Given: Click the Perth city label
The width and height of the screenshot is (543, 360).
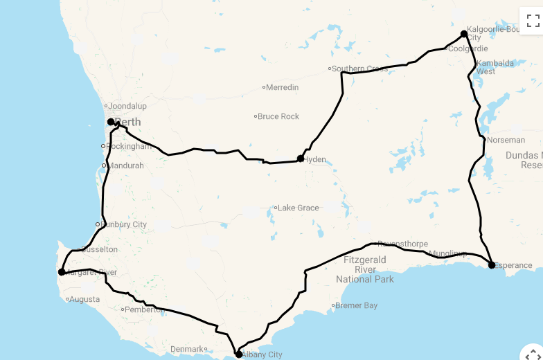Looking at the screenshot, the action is pos(128,123).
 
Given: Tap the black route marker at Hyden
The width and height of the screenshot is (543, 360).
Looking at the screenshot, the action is pos(301,159).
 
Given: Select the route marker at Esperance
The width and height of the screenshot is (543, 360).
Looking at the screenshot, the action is pos(491,264).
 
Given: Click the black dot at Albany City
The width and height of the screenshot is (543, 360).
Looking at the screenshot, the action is pos(238,354).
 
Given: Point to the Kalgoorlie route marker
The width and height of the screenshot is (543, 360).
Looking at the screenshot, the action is pos(464,33).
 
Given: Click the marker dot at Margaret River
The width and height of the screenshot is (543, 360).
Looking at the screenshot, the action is pos(62,272).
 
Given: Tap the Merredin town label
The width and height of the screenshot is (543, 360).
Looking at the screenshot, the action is pos(283,87).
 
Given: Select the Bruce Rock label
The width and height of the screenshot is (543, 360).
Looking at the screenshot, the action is pos(278,116).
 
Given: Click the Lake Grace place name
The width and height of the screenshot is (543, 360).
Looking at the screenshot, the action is pos(299,208).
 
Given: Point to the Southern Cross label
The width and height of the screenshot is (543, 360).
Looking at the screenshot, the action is pos(360,69).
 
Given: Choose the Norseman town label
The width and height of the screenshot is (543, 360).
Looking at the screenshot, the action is pos(506,140).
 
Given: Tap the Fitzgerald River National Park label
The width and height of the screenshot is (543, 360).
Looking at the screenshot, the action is pos(365,269).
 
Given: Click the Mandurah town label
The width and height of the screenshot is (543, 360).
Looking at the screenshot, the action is pos(125,165).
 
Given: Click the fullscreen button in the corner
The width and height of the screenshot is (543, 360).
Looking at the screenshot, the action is pos(533,20).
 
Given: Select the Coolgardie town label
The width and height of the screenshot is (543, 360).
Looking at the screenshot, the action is pos(468,49).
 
